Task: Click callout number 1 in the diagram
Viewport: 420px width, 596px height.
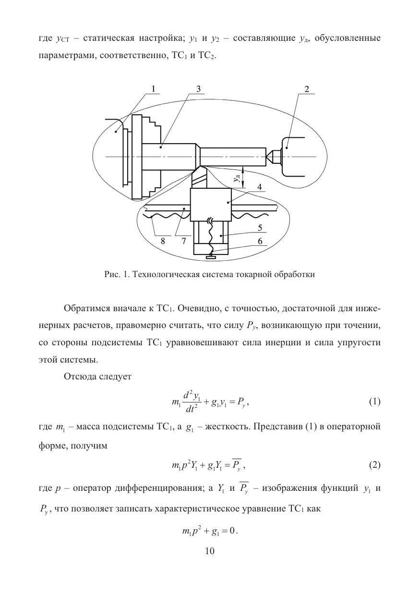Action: point(153,89)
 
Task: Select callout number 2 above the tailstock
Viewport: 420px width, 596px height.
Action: point(306,89)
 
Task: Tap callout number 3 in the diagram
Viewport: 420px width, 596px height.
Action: point(197,89)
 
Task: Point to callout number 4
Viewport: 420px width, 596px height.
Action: point(259,188)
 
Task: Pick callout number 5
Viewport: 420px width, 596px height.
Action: point(259,229)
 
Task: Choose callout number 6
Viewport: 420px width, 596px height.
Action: point(259,242)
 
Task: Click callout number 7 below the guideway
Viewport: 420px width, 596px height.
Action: point(183,242)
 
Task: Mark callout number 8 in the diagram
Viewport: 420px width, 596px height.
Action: point(163,242)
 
